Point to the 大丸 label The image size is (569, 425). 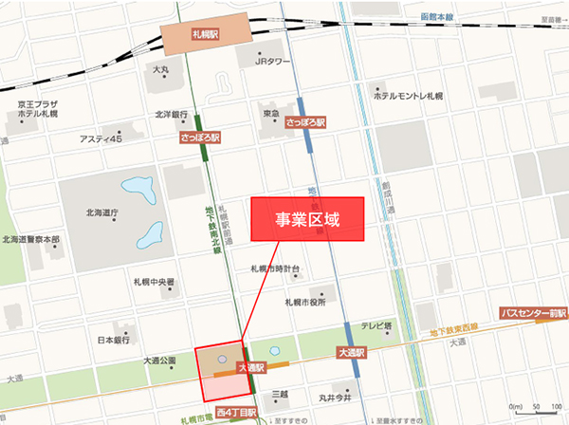click(x=160, y=70)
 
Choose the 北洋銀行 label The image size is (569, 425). click(x=174, y=116)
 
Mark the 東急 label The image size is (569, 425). click(x=271, y=114)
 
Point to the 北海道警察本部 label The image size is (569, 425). click(x=30, y=239)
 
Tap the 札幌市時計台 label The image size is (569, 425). click(x=275, y=269)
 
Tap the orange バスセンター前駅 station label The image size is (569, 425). click(x=534, y=312)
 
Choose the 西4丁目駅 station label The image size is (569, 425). click(x=236, y=414)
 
